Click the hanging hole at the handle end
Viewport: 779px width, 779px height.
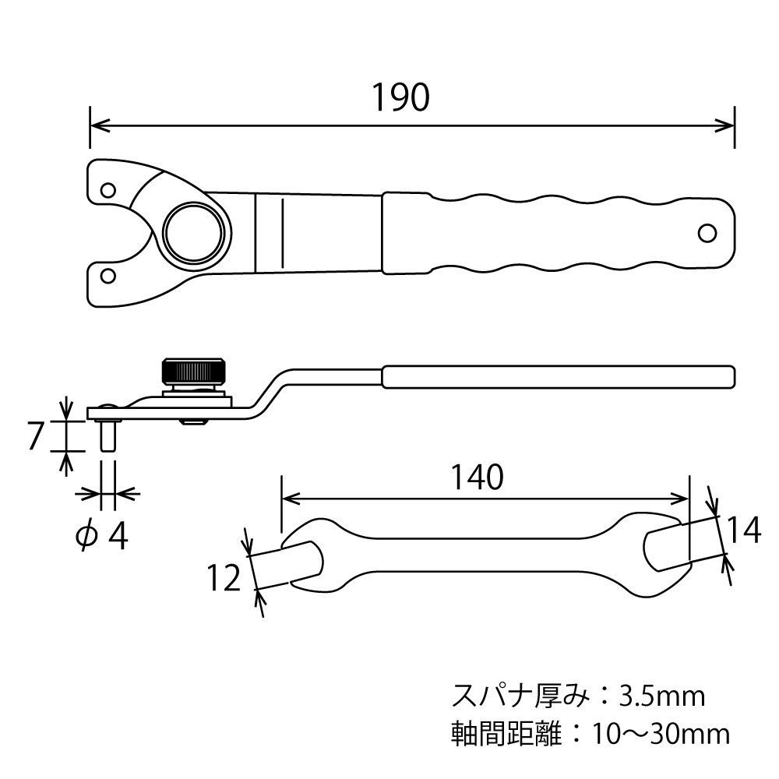click(707, 233)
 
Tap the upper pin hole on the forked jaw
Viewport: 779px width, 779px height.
click(108, 189)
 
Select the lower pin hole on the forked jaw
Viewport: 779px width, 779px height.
click(108, 274)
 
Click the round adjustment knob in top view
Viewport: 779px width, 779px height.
click(196, 232)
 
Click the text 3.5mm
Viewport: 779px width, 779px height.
click(662, 695)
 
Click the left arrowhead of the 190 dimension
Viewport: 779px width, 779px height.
click(96, 124)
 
